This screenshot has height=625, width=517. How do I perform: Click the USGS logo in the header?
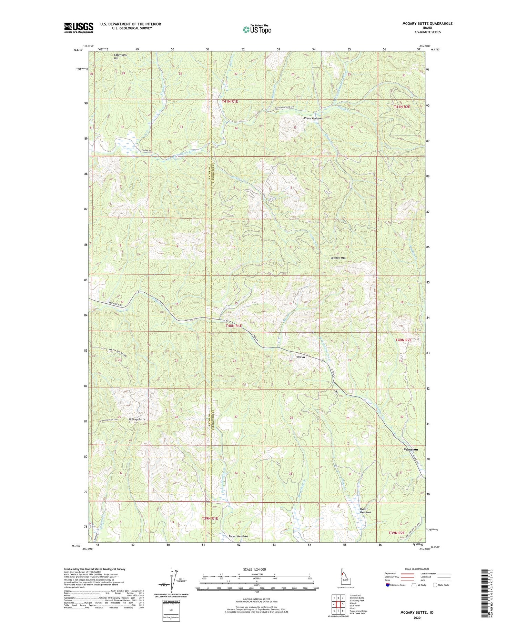(x=79, y=28)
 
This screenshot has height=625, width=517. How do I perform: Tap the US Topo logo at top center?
(x=257, y=29)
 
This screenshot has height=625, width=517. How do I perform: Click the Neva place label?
(x=301, y=357)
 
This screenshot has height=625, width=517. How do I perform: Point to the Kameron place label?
(x=410, y=450)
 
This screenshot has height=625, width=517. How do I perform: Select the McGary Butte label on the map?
(x=137, y=419)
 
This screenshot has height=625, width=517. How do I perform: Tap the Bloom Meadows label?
(x=313, y=119)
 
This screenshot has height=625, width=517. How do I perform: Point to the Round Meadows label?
(x=238, y=536)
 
